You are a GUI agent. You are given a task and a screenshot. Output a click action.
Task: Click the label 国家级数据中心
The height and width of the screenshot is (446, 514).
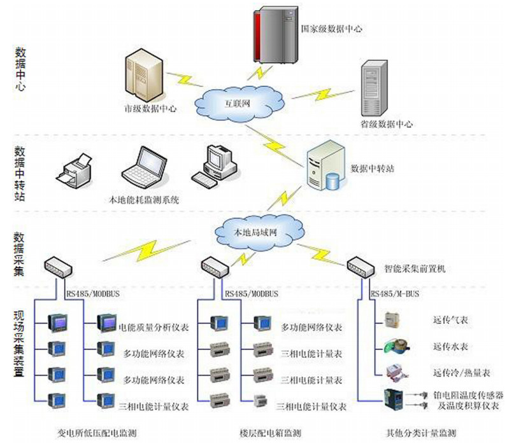(331, 29)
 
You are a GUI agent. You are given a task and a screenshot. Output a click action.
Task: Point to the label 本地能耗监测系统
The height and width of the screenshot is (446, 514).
(145, 199)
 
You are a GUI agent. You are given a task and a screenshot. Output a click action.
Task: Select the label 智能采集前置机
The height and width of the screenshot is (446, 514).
(415, 269)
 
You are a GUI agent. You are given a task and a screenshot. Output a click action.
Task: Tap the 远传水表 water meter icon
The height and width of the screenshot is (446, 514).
(392, 347)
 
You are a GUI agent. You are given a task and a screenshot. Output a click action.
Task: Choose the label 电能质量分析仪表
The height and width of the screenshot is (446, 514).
(153, 328)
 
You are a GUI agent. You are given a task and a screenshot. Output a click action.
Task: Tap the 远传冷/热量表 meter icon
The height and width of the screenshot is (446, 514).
(393, 372)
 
